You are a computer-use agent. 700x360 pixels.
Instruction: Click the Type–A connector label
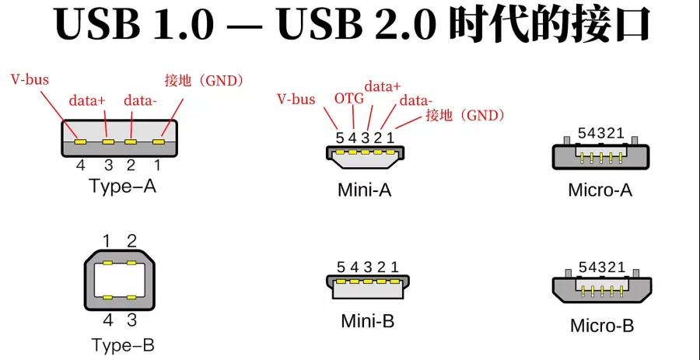pos(122,187)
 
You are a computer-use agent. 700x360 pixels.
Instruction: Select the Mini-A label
pos(364,190)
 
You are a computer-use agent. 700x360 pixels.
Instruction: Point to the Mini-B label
pos(366,320)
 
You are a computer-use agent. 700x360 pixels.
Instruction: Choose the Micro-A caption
pos(600,190)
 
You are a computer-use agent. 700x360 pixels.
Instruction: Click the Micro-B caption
pos(601,325)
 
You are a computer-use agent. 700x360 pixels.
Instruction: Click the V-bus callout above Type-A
pos(30,80)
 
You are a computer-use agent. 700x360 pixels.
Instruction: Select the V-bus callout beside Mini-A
pos(296,99)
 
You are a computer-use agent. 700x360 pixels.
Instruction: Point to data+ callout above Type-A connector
pos(87,100)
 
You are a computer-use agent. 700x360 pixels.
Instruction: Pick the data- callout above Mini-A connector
pos(415,100)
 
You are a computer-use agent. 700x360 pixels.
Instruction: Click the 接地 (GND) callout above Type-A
pos(205,80)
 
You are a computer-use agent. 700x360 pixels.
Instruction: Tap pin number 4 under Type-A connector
pos(80,165)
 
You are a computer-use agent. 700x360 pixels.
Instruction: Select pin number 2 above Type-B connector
pos(132,240)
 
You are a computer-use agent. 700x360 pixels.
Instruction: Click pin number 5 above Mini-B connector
pos(340,267)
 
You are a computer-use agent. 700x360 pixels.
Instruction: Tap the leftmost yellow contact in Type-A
pos(79,142)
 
